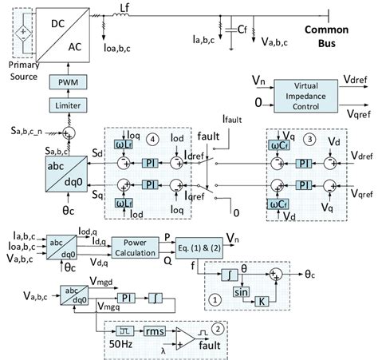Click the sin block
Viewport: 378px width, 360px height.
click(x=241, y=292)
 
